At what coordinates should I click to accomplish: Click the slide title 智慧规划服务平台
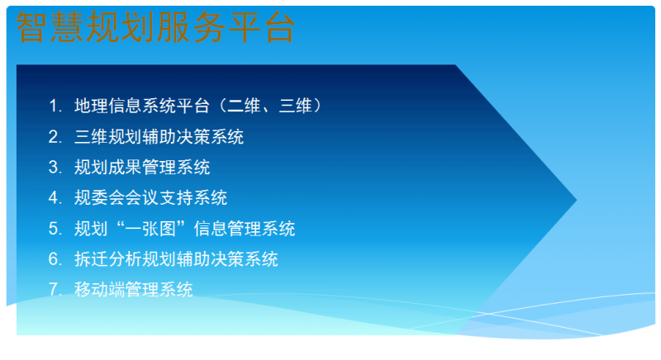pos(155,28)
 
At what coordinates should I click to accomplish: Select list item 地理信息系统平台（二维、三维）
pos(197,106)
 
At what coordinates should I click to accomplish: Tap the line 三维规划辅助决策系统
pos(159,136)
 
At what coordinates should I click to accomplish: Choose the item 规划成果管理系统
pos(142,167)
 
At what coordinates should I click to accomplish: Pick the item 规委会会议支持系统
pos(150,197)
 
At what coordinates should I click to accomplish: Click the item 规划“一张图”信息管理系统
pos(184,228)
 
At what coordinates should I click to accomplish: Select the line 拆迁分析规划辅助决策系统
pos(176,258)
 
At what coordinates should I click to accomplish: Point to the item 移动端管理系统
pos(134,289)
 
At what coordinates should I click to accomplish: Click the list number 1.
pos(55,106)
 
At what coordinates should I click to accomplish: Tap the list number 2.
pos(55,136)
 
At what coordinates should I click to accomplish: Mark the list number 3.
pos(55,167)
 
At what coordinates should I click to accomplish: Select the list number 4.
pos(55,197)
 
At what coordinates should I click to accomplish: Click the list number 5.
pos(55,228)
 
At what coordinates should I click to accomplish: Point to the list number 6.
pos(55,258)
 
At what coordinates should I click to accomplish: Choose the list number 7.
pos(55,289)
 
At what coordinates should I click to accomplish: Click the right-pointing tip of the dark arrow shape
pos(573,200)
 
